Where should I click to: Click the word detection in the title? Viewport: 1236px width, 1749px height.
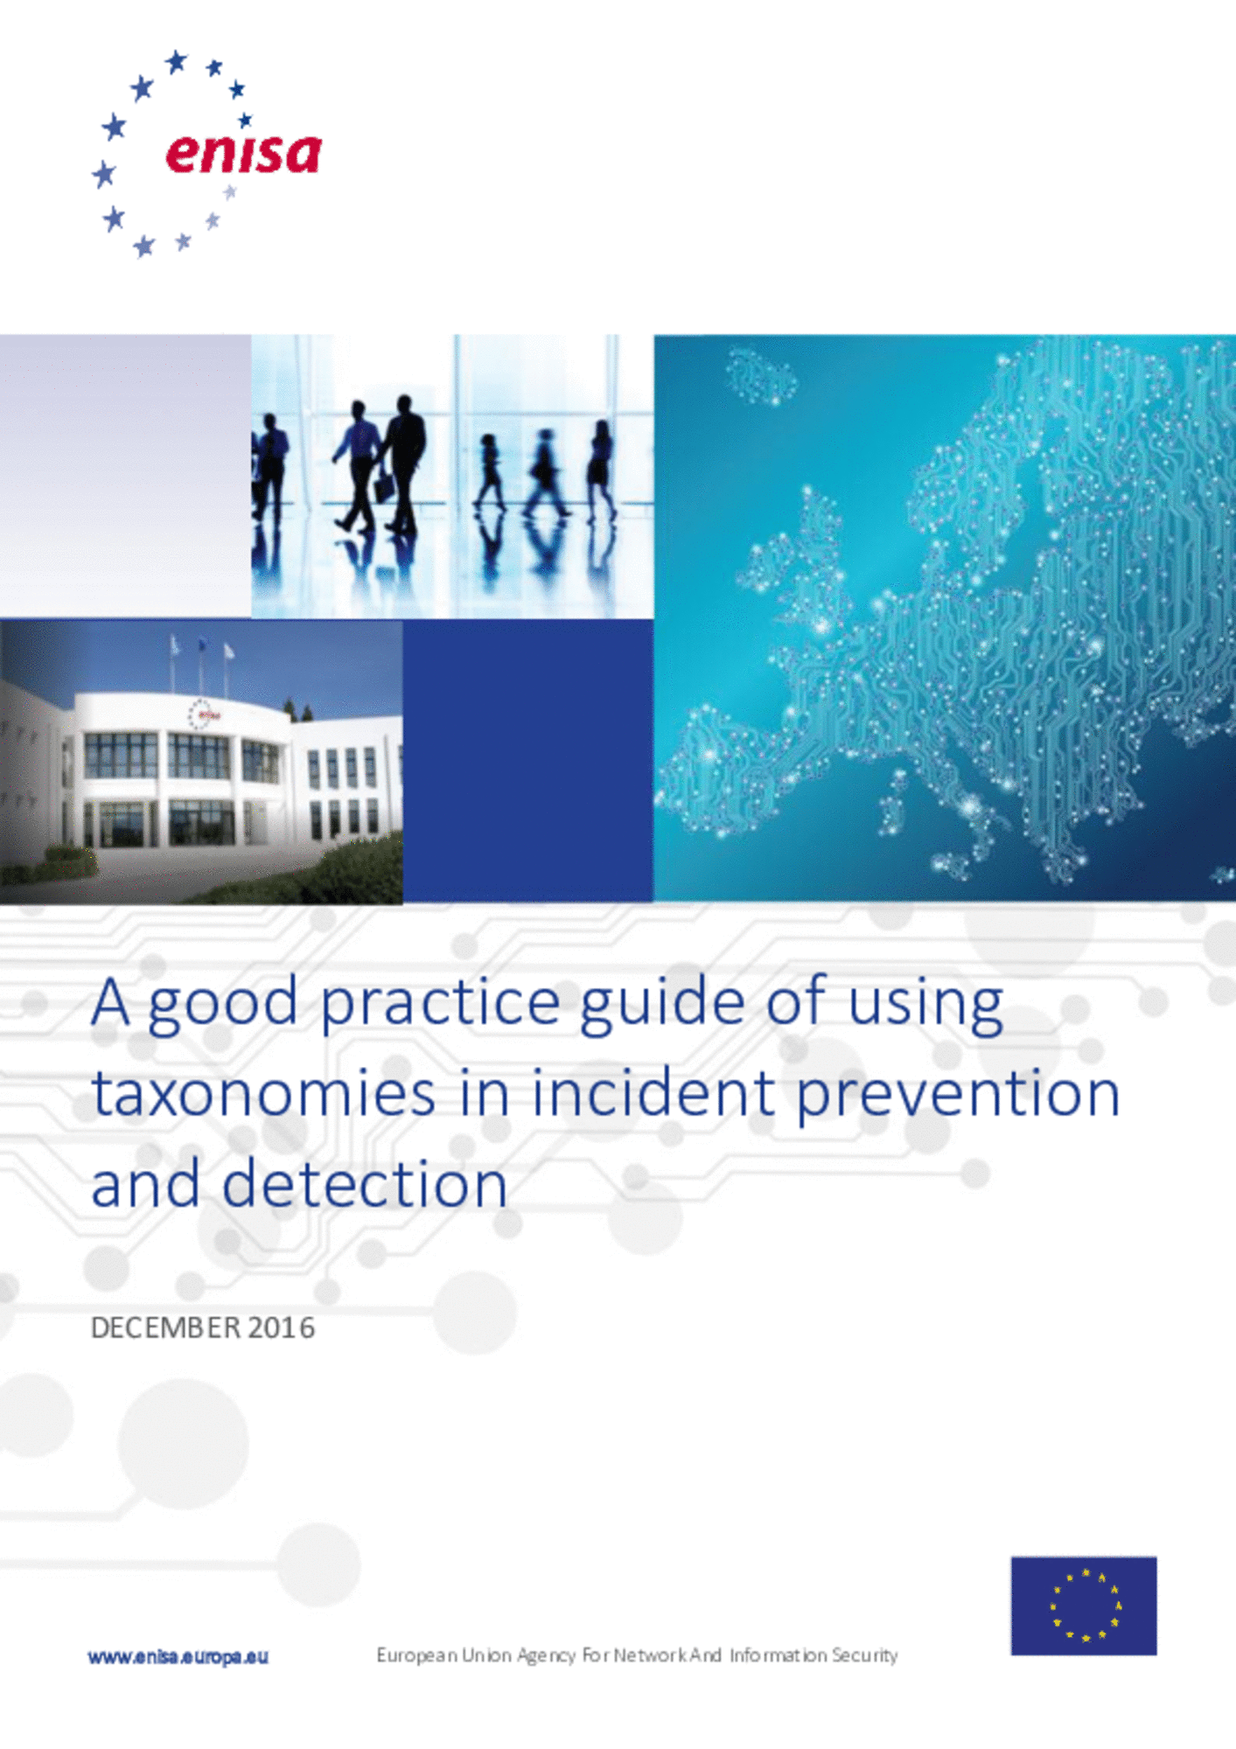364,1184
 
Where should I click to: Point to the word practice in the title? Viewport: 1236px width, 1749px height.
440,1005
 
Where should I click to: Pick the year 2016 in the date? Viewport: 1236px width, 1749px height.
281,1327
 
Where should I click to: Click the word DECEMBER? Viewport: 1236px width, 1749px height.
165,1327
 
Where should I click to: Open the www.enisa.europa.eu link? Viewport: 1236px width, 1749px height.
178,1656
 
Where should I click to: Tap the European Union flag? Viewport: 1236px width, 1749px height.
1084,1606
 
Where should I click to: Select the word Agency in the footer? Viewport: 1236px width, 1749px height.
546,1655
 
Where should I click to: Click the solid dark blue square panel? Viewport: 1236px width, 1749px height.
527,760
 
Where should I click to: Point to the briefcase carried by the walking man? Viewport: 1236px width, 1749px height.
383,485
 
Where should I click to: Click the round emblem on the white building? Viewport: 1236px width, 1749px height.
200,714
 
